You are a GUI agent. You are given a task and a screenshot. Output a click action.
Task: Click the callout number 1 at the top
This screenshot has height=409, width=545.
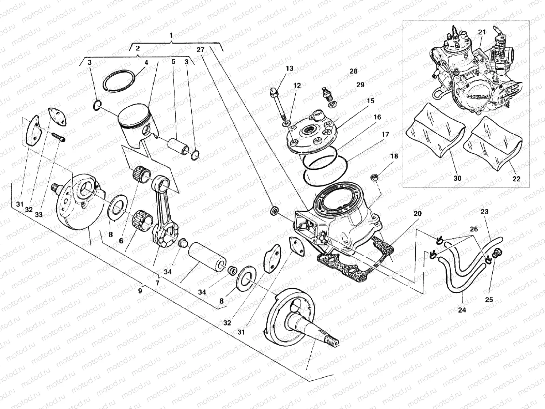(x=171, y=35)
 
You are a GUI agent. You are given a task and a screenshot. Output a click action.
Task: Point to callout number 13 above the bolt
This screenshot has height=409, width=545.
(x=290, y=69)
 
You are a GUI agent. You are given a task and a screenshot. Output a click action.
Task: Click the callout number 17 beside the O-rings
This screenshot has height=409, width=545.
(x=385, y=135)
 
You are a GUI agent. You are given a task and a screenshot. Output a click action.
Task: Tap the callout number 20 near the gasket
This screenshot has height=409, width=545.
(x=418, y=214)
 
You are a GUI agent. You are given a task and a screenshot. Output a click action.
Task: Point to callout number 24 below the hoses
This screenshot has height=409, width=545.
(x=462, y=310)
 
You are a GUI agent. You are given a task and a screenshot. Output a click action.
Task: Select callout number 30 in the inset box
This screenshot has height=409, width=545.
(x=457, y=178)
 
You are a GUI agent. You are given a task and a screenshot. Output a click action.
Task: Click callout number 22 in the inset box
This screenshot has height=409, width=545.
(x=516, y=179)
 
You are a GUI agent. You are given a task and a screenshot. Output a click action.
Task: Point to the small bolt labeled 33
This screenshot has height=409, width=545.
(x=59, y=137)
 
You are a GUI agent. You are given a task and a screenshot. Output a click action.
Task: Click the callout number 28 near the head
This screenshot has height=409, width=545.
(x=354, y=71)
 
